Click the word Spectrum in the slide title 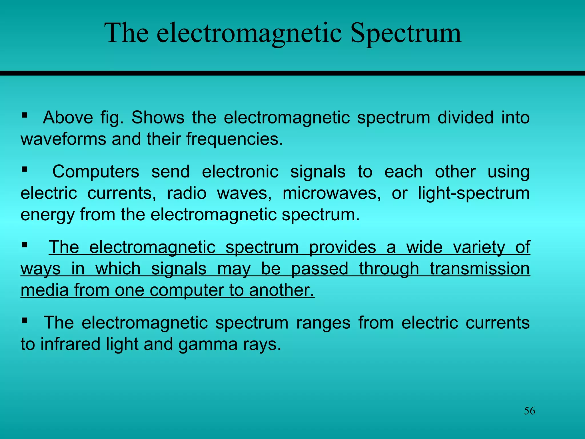pyautogui.click(x=405, y=34)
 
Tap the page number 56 pyautogui.click(x=529, y=411)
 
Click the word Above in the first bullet pyautogui.click(x=68, y=117)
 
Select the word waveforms pyautogui.click(x=63, y=139)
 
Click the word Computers pyautogui.click(x=96, y=172)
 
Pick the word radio pyautogui.click(x=187, y=193)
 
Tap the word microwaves pyautogui.click(x=332, y=193)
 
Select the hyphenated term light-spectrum pyautogui.click(x=474, y=193)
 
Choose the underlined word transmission pyautogui.click(x=480, y=269)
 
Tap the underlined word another pyautogui.click(x=281, y=290)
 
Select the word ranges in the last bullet pyautogui.click(x=323, y=323)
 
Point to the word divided pyautogui.click(x=465, y=117)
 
